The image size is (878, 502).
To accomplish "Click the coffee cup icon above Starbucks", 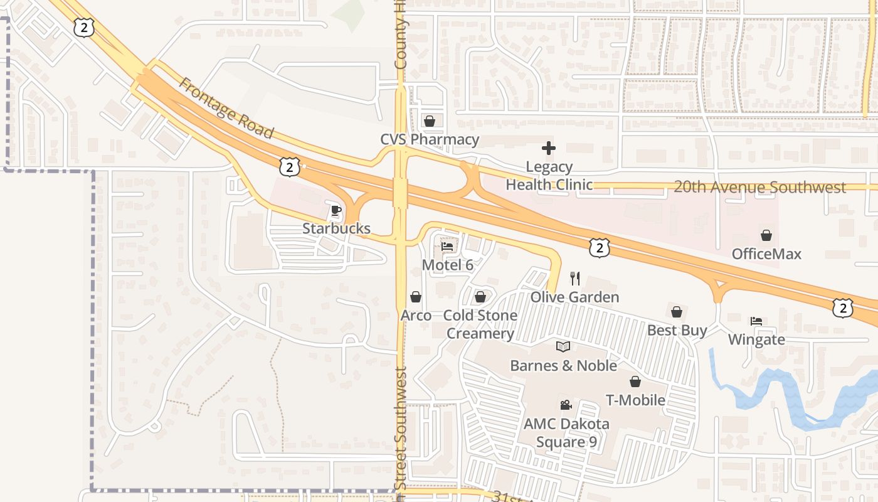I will point(336,210).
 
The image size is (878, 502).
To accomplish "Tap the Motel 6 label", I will point(447,265).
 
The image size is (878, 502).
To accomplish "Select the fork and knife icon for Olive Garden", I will point(575,278).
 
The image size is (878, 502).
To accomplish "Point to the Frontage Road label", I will point(226,108).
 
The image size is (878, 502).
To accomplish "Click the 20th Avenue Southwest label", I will point(759,187).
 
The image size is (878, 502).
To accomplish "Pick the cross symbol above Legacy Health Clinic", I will point(549,148).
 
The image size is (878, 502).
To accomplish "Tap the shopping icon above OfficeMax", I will point(766,235).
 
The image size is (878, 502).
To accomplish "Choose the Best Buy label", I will point(677,330).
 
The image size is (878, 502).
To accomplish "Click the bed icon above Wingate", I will point(756,321).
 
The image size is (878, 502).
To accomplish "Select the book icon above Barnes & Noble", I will point(563,346).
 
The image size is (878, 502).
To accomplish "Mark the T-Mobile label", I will point(635,400).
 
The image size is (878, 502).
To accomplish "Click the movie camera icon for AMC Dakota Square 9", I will point(566,405).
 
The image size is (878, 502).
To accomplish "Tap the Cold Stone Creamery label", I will point(480,324).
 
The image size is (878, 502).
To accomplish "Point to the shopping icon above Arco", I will point(416,296).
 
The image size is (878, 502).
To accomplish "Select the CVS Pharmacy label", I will point(430,139).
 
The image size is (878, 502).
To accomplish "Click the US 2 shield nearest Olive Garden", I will point(600,248).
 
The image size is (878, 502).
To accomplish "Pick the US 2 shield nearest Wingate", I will point(843,307).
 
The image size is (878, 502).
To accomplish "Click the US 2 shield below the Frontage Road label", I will point(289,167).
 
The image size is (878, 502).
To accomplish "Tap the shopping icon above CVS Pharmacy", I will point(430,120).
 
